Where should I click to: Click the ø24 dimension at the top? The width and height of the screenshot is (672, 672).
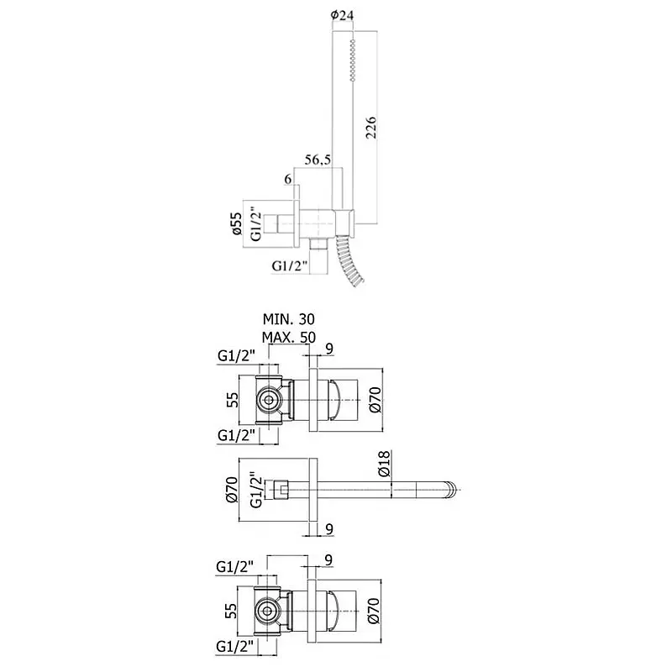(x=342, y=15)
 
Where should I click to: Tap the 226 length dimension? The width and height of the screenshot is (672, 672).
(x=371, y=127)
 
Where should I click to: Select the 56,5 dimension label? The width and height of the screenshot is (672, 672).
(x=318, y=160)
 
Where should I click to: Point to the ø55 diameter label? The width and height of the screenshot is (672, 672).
(x=237, y=223)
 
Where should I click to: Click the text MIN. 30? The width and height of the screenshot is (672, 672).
(x=288, y=319)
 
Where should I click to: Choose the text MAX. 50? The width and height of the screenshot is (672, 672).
(x=289, y=338)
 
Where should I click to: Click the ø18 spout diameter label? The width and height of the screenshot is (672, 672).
(x=385, y=464)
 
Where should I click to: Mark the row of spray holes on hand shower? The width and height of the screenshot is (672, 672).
(x=352, y=60)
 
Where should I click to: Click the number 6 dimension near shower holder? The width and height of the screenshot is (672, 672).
(x=288, y=179)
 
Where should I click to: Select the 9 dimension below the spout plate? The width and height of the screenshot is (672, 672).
(x=329, y=530)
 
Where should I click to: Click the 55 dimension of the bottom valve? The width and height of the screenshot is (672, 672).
(x=231, y=611)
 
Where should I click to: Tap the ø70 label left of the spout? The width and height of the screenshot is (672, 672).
(x=232, y=490)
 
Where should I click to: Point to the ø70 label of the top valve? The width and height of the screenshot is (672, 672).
(x=375, y=400)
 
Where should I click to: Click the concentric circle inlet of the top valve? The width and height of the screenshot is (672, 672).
(x=269, y=401)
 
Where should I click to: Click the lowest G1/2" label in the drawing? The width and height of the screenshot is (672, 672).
(x=235, y=646)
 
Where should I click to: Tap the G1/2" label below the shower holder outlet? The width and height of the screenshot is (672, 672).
(x=290, y=266)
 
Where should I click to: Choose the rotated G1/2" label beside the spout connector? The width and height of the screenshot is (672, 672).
(x=256, y=490)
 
